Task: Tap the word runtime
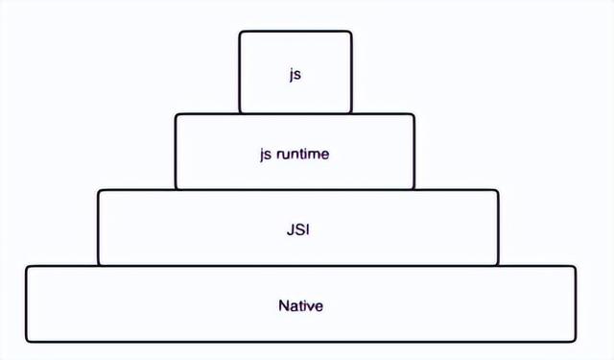point(304,153)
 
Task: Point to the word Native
point(300,306)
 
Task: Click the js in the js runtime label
point(266,153)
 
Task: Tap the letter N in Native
point(283,306)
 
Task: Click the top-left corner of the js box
point(241,33)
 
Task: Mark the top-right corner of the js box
point(350,33)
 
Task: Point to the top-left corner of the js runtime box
point(177,115)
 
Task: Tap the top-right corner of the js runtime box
point(413,115)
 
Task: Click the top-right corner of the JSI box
point(497,191)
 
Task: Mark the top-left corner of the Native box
point(27,267)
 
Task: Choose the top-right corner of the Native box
point(575,267)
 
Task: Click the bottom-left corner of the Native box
point(27,341)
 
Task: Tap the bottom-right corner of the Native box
point(575,341)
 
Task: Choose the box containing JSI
point(192,228)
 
